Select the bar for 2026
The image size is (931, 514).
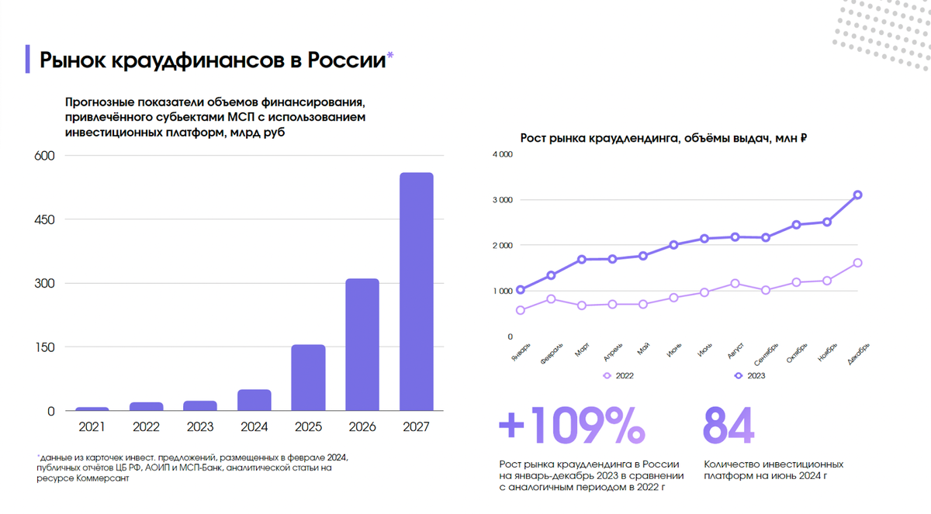(x=362, y=344)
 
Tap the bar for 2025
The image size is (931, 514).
(x=308, y=378)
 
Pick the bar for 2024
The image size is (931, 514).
(x=254, y=400)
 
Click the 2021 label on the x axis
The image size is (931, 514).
(x=92, y=426)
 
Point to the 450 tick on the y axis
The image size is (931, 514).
(x=45, y=219)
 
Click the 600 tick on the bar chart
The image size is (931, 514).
(x=45, y=156)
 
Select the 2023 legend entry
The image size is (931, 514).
(x=750, y=376)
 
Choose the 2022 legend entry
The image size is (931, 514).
(x=619, y=376)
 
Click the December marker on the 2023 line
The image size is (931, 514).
(x=858, y=195)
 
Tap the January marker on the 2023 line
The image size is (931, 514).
(x=520, y=290)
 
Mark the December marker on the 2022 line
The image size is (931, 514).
(x=858, y=263)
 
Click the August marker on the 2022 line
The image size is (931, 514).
(x=735, y=284)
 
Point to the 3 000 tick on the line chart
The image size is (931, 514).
(x=503, y=200)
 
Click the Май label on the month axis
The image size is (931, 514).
(x=642, y=351)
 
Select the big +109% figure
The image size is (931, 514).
(x=571, y=425)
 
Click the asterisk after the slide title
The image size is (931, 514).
(x=390, y=55)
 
